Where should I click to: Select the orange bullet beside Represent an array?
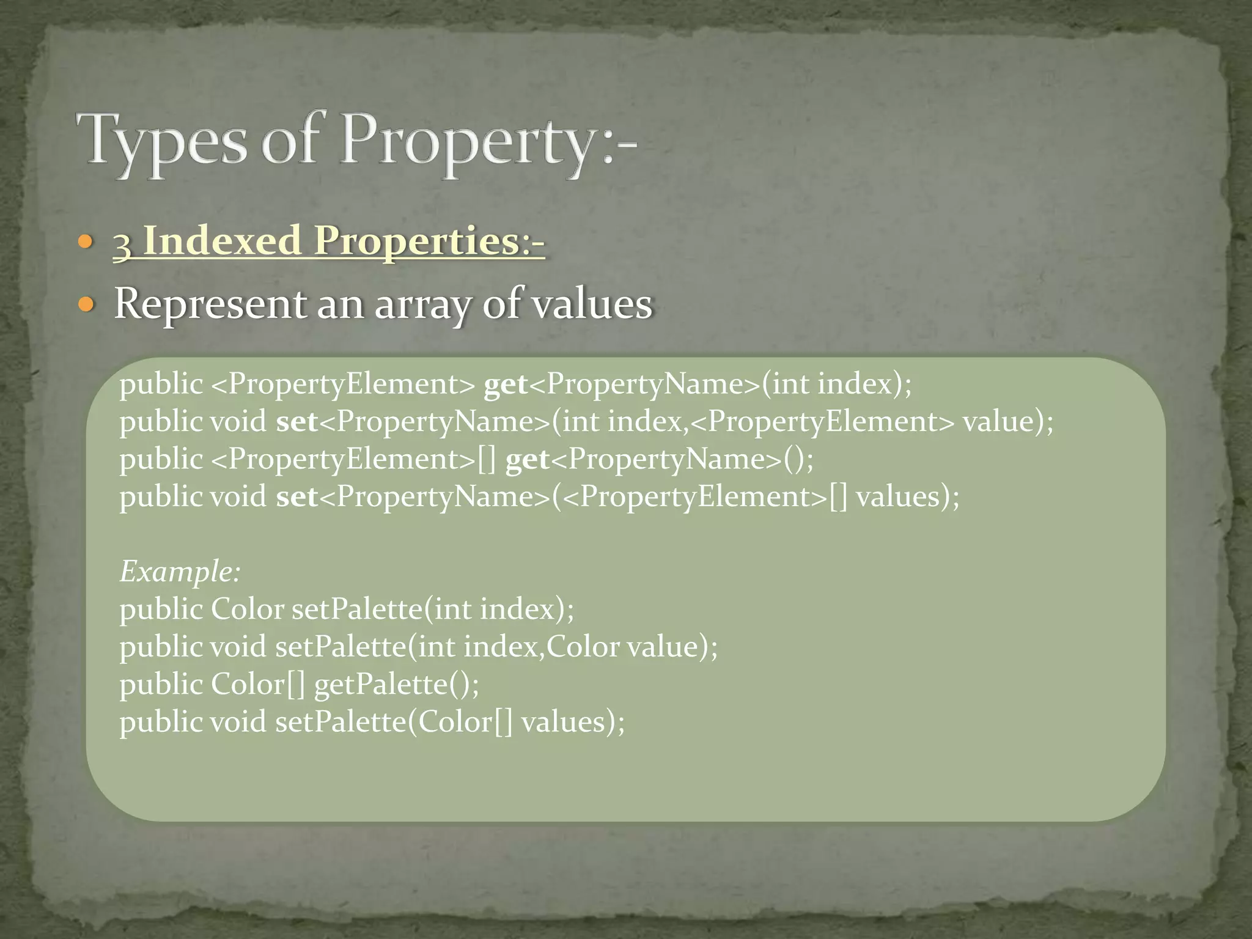[86, 304]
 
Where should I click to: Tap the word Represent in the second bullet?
[210, 304]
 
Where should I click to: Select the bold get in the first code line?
[506, 385]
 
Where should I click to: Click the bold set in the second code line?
[297, 422]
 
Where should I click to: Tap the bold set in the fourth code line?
[297, 497]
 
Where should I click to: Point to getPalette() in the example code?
[396, 684]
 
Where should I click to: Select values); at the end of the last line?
[573, 722]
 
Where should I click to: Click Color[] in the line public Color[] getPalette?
[257, 684]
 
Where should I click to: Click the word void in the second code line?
[238, 422]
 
